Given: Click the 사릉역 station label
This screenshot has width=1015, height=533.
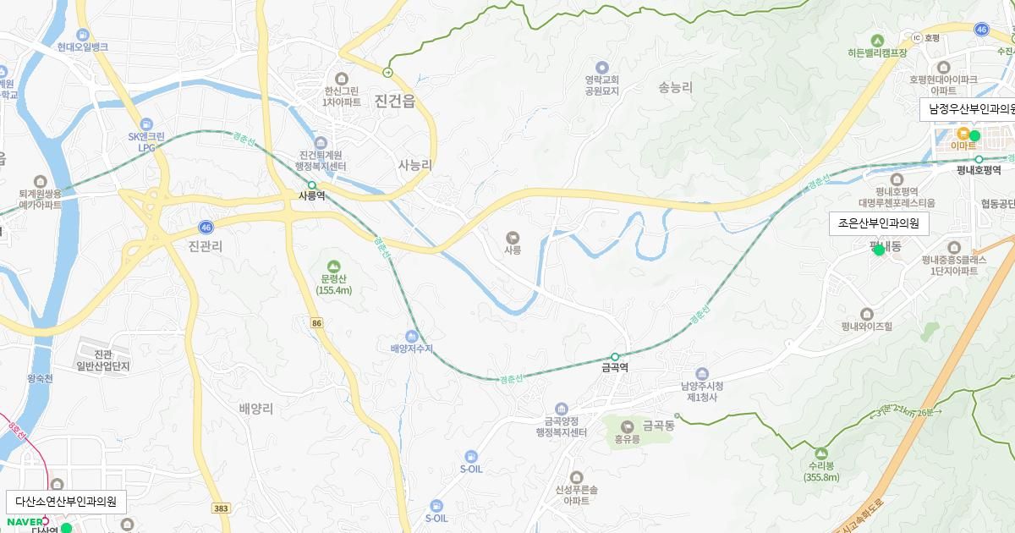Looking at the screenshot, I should (311, 195).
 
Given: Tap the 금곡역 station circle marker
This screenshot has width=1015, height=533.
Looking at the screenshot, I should (615, 356).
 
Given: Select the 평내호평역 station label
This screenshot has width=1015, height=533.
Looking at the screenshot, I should (979, 169).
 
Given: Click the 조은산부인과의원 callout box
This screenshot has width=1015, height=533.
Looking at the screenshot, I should (878, 223).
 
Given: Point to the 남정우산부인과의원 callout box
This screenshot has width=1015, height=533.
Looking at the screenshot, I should (969, 109).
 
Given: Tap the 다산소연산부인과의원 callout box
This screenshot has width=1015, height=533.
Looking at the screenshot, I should (66, 501).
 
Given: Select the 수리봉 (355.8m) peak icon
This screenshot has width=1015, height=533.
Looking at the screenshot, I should (822, 452).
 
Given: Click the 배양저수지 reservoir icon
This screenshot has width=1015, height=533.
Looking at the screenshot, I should (412, 336).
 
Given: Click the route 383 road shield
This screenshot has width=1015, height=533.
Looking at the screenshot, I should (222, 508).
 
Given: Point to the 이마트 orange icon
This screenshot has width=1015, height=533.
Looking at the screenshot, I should (963, 133).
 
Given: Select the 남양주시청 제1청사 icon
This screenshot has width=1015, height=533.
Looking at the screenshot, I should (700, 374).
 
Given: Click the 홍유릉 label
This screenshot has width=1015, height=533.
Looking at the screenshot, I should (627, 439).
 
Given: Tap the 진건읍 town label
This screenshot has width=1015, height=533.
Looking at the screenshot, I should (395, 102).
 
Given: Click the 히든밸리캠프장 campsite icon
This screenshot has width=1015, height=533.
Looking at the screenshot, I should (877, 40).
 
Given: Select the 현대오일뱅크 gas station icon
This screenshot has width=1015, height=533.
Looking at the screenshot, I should (83, 35).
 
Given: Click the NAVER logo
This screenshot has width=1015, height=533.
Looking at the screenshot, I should (25, 520).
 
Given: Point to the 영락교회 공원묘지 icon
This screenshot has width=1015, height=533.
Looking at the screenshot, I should (602, 67).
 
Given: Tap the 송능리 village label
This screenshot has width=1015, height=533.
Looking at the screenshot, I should (675, 86).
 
